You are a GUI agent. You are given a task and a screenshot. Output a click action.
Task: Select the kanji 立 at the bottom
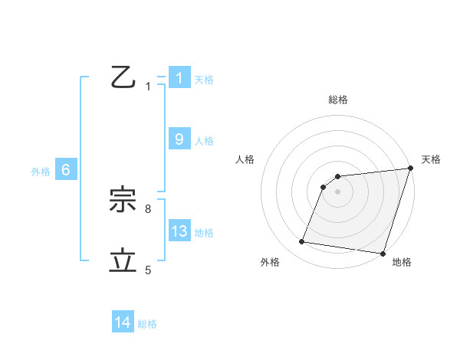pos(123,261)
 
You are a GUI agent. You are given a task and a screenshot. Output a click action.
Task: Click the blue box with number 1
pos(179,78)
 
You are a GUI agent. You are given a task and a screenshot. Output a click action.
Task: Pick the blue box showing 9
pos(179,139)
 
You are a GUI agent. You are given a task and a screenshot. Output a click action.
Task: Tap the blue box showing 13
pos(179,231)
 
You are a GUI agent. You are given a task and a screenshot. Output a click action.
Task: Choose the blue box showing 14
pos(123,322)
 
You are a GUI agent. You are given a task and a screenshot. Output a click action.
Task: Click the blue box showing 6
pos(66,171)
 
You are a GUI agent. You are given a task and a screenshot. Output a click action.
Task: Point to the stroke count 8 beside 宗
pos(148,208)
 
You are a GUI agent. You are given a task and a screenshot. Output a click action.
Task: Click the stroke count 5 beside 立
pos(148,270)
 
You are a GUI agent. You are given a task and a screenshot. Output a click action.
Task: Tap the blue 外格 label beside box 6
pos(41,172)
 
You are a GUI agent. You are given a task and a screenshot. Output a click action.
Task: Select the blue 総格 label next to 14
pos(147,324)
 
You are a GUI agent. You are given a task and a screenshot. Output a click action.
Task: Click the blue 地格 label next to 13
pos(204,233)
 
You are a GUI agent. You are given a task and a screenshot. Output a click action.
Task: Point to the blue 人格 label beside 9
pos(204,141)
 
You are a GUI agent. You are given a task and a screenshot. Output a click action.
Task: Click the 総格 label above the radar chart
pos(338,100)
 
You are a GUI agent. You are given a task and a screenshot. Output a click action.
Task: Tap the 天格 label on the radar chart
pos(431,159)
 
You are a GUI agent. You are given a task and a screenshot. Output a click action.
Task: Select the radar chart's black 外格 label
pos(270,262)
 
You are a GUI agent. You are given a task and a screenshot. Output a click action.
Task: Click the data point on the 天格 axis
pos(410,168)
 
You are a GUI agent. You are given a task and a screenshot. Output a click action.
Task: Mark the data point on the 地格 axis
pos(383,253)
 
